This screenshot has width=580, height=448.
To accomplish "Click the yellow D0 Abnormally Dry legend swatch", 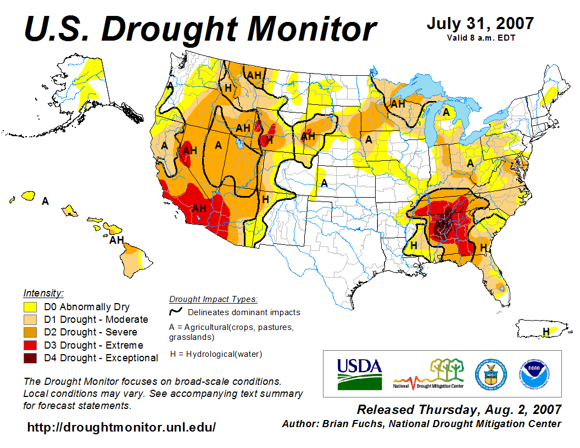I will pyautogui.click(x=30, y=307).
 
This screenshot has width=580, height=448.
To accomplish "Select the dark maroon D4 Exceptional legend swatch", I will pyautogui.click(x=30, y=358).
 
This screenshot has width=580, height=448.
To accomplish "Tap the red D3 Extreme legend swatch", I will pyautogui.click(x=30, y=345).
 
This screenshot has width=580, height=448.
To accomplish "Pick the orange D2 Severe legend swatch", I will pyautogui.click(x=30, y=332).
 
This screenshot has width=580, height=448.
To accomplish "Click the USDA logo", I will pyautogui.click(x=359, y=373).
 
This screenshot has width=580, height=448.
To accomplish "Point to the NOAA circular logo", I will pyautogui.click(x=532, y=373).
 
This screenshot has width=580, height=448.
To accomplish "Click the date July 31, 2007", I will pyautogui.click(x=480, y=24).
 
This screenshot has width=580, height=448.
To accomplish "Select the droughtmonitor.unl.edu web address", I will pyautogui.click(x=121, y=427).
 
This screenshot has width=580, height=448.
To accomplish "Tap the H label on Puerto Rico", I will pyautogui.click(x=546, y=331).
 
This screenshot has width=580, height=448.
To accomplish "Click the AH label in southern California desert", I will pyautogui.click(x=199, y=208).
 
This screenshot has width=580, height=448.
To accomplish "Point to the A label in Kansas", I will pyautogui.click(x=325, y=183).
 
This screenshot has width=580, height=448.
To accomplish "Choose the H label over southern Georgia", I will pyautogui.click(x=484, y=248).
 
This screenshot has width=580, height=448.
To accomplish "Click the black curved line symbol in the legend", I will pyautogui.click(x=176, y=312).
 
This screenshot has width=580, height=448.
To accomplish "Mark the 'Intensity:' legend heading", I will pyautogui.click(x=43, y=293).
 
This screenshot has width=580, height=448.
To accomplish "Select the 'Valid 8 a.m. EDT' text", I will pyautogui.click(x=480, y=38).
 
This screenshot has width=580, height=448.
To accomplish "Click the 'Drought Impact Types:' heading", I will pyautogui.click(x=213, y=299).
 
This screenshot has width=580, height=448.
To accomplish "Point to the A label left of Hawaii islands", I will pyautogui.click(x=45, y=201).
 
